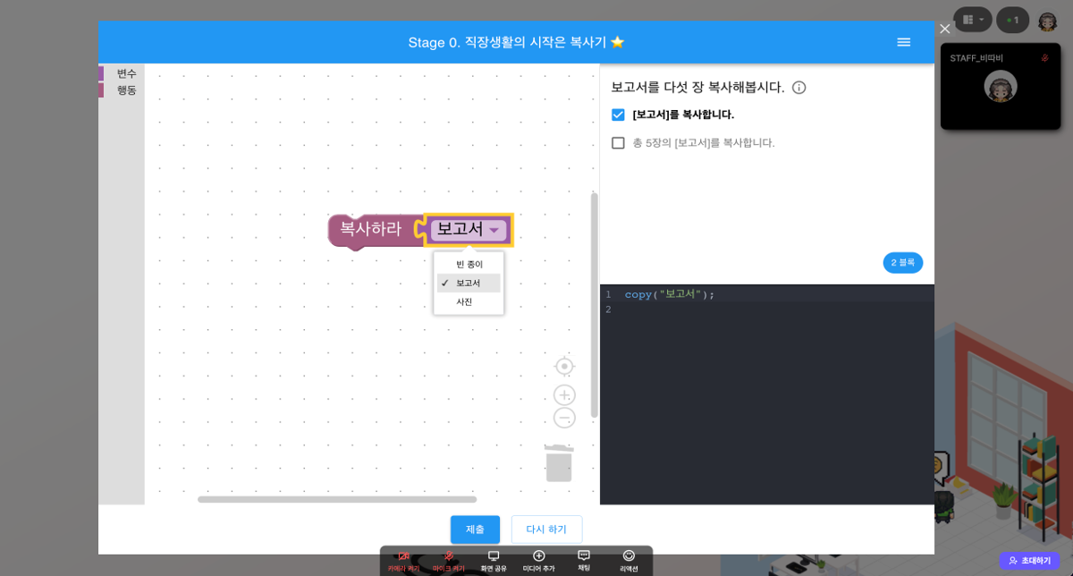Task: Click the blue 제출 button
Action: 475,529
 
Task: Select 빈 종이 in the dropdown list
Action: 469,265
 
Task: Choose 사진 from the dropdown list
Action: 464,302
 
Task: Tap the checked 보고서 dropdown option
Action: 468,284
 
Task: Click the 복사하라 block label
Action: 370,229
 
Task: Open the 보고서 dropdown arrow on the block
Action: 494,231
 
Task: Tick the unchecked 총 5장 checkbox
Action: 618,143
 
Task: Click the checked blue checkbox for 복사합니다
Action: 618,114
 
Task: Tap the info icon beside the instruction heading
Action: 799,88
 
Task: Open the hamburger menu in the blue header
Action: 904,42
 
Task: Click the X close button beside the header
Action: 945,29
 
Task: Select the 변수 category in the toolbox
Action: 126,73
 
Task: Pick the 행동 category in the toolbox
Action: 126,90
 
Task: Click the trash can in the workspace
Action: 559,463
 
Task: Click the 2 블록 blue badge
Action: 903,263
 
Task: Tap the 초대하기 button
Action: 1030,561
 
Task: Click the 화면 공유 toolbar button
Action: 494,561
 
